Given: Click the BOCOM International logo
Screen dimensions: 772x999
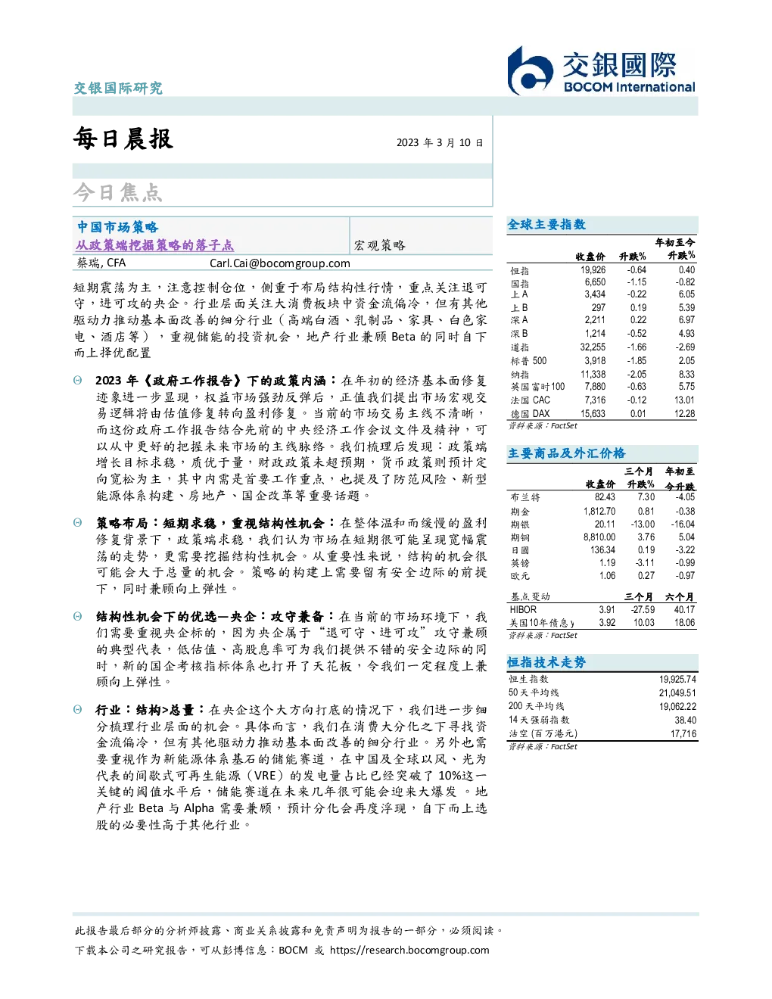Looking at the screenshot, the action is [x=600, y=70].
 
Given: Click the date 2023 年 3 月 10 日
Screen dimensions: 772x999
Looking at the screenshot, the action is [x=440, y=142].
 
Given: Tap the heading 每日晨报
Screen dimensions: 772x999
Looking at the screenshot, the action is [x=123, y=138].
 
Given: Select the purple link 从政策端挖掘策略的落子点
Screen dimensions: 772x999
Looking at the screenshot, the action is [x=155, y=245].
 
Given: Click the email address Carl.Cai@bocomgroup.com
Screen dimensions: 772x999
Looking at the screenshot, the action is [x=279, y=263].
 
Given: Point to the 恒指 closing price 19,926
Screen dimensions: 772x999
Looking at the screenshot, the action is [x=593, y=270].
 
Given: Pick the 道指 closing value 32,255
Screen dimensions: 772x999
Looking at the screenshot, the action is [x=593, y=347].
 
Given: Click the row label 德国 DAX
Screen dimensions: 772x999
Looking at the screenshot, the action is [x=530, y=414].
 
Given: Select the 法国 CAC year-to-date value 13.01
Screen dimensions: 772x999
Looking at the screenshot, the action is [x=684, y=400].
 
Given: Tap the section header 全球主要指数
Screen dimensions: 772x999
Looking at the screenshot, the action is [x=546, y=224].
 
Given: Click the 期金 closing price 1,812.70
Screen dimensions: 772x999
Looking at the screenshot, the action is [x=599, y=511].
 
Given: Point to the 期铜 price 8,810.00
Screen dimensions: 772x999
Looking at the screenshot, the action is [x=599, y=537].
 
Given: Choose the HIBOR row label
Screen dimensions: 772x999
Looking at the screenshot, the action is [x=523, y=609].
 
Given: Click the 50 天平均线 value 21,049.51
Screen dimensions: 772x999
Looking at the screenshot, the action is [x=677, y=692].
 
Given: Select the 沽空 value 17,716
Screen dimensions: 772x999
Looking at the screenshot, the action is [x=683, y=733].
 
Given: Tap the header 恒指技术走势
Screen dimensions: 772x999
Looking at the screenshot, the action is [x=546, y=662].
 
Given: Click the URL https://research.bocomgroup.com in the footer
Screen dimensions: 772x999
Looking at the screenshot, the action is [x=409, y=951].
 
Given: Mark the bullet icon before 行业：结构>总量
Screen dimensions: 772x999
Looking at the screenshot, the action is [x=78, y=710].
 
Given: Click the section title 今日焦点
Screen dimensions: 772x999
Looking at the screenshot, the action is [x=118, y=192].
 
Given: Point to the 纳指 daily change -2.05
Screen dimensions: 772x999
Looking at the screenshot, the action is [x=637, y=374].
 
